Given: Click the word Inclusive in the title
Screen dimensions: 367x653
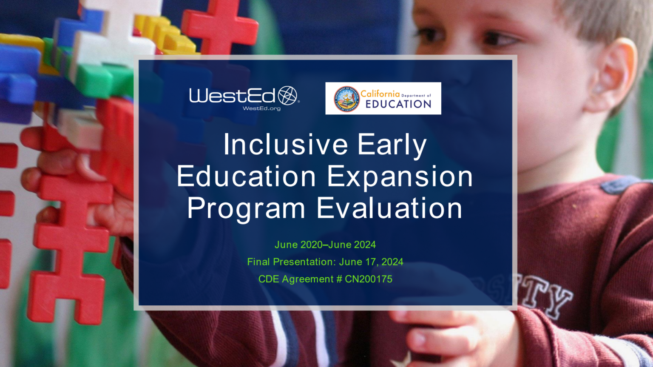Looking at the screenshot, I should pos(285,145).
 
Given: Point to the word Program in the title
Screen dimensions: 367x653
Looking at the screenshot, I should pos(246,208).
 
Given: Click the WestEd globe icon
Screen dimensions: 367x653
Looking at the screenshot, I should pos(288,95).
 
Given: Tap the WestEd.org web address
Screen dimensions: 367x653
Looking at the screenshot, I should pos(261,109).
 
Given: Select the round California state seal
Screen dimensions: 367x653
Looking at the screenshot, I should pos(346,99).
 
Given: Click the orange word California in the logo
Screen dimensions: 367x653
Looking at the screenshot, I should pos(380,94).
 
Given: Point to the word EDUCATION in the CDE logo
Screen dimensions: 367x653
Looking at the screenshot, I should pos(398,104).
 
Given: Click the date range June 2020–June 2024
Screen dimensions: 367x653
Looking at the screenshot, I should pos(325,245).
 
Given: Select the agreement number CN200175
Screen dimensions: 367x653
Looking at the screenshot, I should pos(369,279).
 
